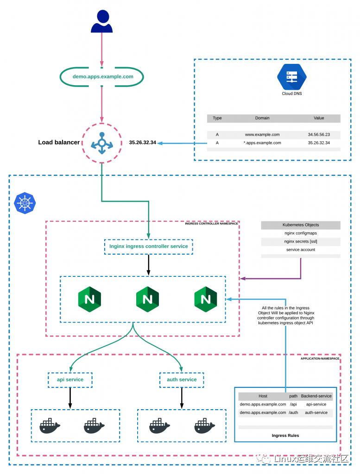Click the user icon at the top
(x=101, y=22)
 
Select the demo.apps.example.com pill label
(x=103, y=77)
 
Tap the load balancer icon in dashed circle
(x=101, y=143)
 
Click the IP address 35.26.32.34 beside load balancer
(x=142, y=143)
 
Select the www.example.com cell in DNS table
(x=262, y=135)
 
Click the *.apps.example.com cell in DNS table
(x=262, y=143)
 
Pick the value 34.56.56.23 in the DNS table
(x=319, y=135)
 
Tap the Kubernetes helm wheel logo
(x=25, y=203)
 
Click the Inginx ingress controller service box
(x=148, y=246)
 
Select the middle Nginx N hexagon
(x=147, y=299)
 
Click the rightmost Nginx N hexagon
(x=206, y=299)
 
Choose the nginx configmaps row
(x=300, y=233)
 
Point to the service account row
(x=300, y=249)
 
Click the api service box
(x=70, y=380)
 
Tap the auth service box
(x=182, y=380)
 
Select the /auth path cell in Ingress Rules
(x=294, y=412)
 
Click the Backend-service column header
(x=316, y=396)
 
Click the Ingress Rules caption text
(x=285, y=436)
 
